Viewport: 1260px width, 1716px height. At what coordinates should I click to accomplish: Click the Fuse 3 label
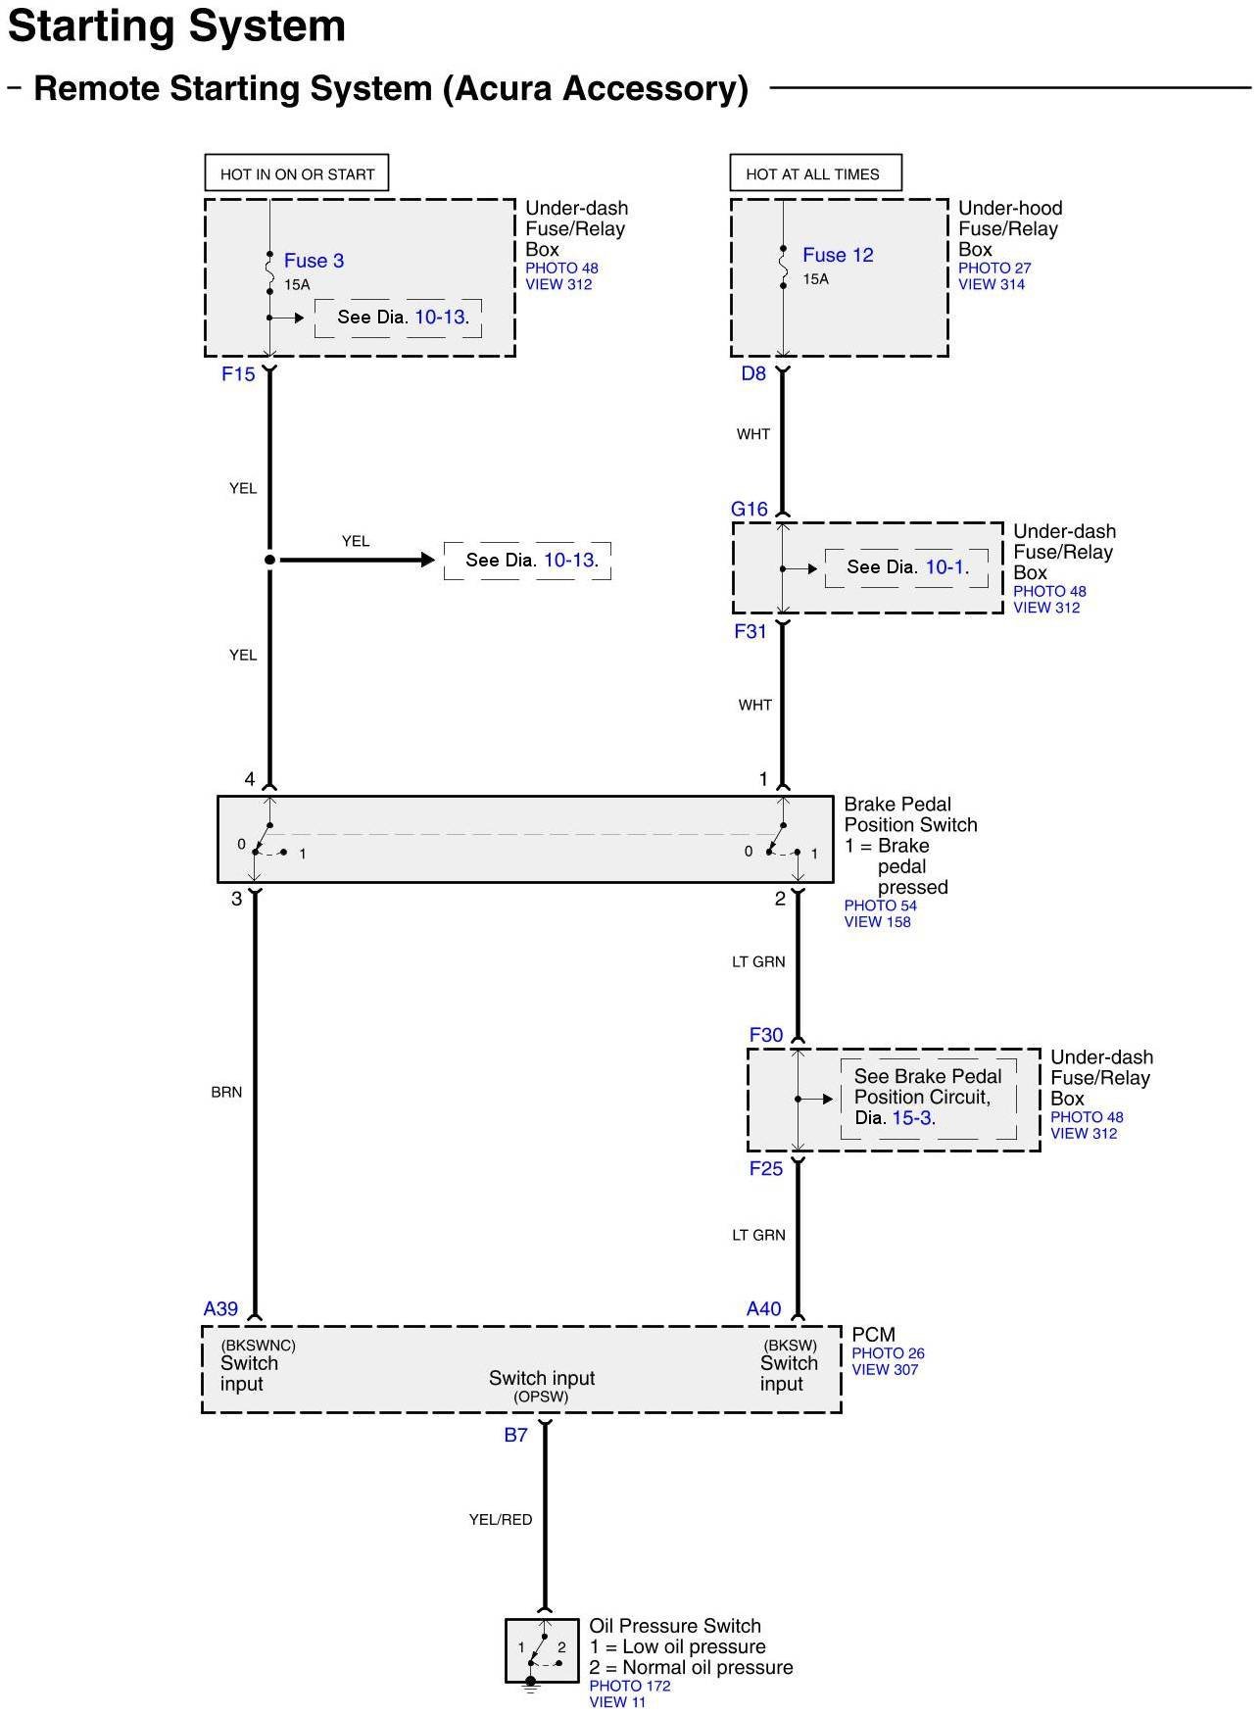pyautogui.click(x=314, y=261)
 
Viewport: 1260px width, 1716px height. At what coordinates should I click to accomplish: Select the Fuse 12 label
pyautogui.click(x=838, y=255)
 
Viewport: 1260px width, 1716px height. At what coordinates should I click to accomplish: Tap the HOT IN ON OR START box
pyautogui.click(x=297, y=173)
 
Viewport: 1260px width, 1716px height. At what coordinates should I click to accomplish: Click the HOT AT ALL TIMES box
pyautogui.click(x=814, y=173)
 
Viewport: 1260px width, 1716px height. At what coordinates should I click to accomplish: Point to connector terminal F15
pyautogui.click(x=238, y=373)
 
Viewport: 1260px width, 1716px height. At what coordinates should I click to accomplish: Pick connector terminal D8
pyautogui.click(x=753, y=373)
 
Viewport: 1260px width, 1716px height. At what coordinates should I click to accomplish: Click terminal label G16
pyautogui.click(x=750, y=509)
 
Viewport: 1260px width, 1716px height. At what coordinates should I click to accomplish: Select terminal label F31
pyautogui.click(x=751, y=632)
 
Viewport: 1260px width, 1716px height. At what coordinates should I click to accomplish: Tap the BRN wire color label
pyautogui.click(x=226, y=1092)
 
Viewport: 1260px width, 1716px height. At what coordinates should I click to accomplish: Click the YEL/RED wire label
pyautogui.click(x=501, y=1519)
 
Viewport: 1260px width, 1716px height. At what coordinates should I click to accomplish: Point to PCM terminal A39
pyautogui.click(x=221, y=1308)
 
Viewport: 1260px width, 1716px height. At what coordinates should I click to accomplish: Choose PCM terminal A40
pyautogui.click(x=764, y=1308)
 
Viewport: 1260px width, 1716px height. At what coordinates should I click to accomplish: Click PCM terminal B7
pyautogui.click(x=516, y=1435)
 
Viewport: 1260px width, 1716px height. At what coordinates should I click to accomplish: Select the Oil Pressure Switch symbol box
pyautogui.click(x=542, y=1650)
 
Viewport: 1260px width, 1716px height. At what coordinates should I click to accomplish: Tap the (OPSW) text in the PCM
pyautogui.click(x=541, y=1397)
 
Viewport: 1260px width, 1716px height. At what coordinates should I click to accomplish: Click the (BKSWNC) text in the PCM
pyautogui.click(x=259, y=1345)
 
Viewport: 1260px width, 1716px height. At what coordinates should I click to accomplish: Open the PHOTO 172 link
pyautogui.click(x=630, y=1686)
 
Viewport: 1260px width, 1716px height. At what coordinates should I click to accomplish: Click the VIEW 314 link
pyautogui.click(x=992, y=284)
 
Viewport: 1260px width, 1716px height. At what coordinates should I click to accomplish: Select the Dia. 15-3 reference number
pyautogui.click(x=912, y=1117)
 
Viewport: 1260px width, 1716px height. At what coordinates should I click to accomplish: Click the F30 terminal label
pyautogui.click(x=766, y=1035)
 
